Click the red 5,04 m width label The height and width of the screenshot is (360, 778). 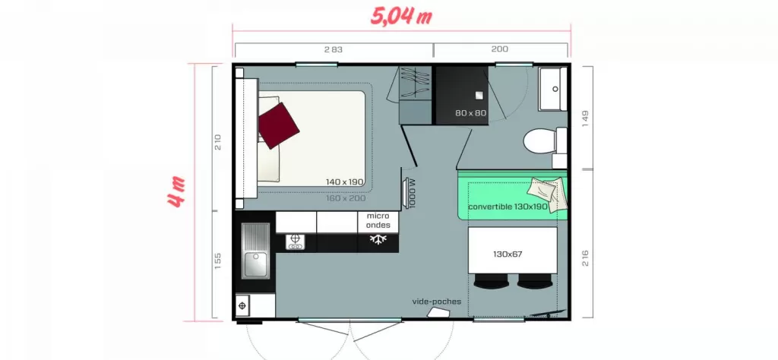pos(401,17)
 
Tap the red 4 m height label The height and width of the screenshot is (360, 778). pos(176,192)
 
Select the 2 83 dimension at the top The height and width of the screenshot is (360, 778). pos(334,49)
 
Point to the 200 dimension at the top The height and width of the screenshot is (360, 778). pos(500,49)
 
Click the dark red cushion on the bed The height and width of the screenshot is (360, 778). pos(278,125)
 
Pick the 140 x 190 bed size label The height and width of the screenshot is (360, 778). pos(345,182)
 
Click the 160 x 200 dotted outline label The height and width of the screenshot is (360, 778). pos(346,198)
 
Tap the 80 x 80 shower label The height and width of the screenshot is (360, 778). pos(471,113)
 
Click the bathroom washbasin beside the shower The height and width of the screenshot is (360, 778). pos(553,90)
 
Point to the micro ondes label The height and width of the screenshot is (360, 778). pos(378,221)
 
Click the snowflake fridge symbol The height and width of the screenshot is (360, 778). pos(378,240)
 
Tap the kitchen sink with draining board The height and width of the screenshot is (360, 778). pos(255,251)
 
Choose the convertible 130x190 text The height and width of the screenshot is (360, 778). pos(508,207)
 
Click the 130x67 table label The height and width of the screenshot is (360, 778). pos(508,254)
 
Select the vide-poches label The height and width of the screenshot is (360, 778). pos(437,302)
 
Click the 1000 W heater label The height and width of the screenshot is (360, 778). pos(413,193)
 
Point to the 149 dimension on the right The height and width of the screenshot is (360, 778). pos(585,118)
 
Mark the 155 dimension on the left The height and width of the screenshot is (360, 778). pos(218,261)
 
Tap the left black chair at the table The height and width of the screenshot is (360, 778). pos(492,281)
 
